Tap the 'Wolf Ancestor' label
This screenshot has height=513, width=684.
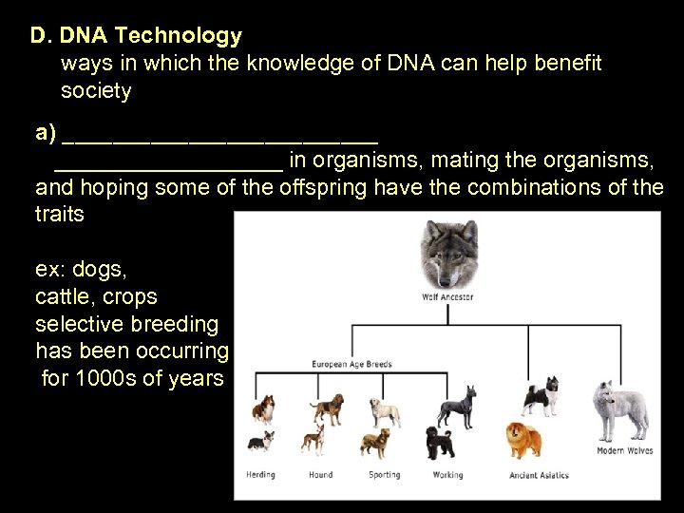[x=446, y=297]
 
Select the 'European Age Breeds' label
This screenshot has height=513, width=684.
[x=352, y=364]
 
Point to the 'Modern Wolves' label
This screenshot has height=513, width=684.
[x=624, y=451]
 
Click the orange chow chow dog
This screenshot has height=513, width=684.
[x=524, y=439]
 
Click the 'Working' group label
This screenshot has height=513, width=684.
[x=446, y=475]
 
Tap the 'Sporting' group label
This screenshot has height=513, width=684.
[x=385, y=475]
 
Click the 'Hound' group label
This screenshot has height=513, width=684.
[x=320, y=475]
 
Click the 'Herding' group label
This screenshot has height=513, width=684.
[x=260, y=475]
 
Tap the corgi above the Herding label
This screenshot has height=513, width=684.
[x=259, y=441]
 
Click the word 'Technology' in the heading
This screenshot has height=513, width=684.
[x=186, y=36]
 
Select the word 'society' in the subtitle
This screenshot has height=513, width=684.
[x=96, y=91]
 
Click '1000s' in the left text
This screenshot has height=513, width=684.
[x=112, y=379]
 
